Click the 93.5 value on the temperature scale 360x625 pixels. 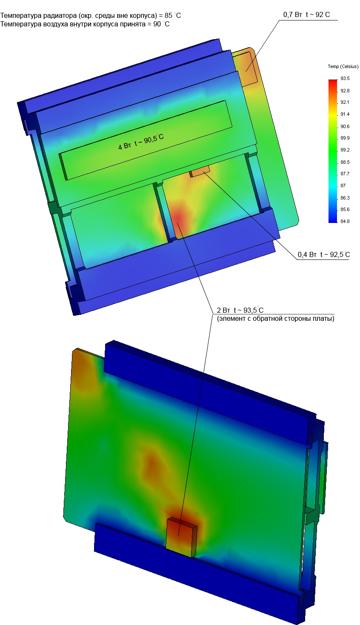(x=345, y=78)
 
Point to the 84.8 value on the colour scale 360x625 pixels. (x=345, y=221)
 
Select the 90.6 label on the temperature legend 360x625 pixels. (x=345, y=126)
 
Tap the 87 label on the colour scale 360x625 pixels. (x=343, y=186)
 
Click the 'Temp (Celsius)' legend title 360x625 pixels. (x=343, y=66)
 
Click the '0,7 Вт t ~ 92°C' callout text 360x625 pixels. (x=306, y=14)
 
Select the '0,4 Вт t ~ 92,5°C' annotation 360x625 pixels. (x=323, y=254)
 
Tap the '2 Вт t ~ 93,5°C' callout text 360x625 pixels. (x=240, y=310)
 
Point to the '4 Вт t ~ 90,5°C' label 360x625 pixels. (x=141, y=142)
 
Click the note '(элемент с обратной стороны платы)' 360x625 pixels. (x=276, y=318)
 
